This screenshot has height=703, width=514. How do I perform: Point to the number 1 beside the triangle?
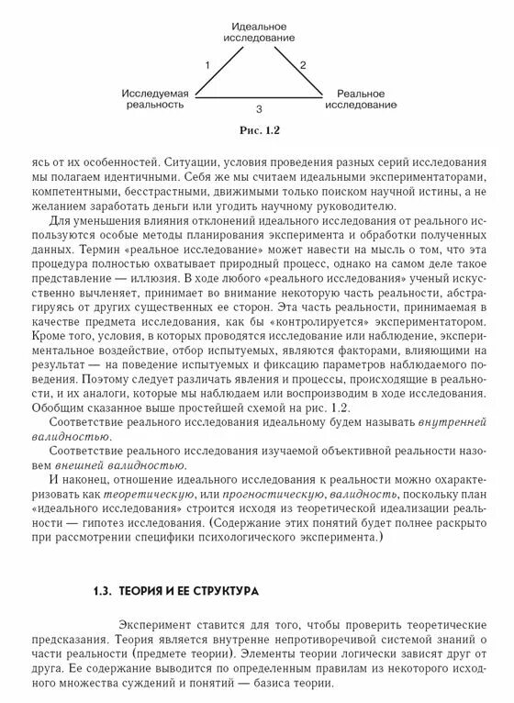(208, 64)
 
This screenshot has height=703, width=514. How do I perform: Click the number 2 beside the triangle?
(304, 64)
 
